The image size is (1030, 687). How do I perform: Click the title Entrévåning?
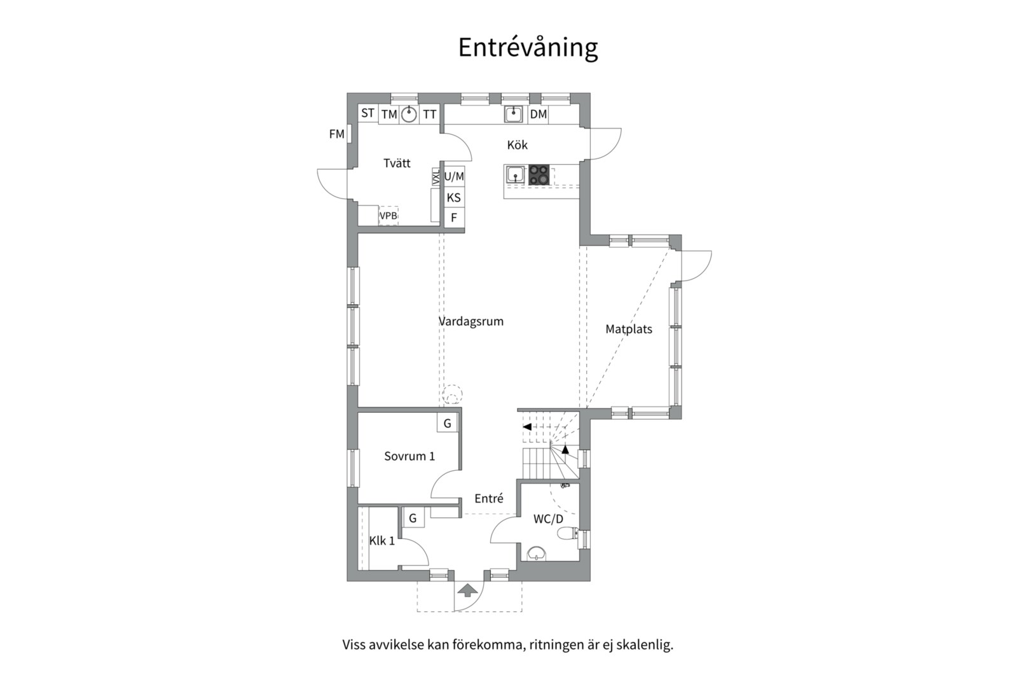coord(528,48)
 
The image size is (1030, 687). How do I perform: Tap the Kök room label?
coord(518,145)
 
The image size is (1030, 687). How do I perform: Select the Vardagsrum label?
coord(471,321)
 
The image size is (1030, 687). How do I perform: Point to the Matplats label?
coord(629,329)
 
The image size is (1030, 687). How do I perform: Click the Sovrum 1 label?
coord(409,456)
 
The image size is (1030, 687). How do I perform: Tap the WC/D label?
coord(548,519)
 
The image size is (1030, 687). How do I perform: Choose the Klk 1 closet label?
coord(381,541)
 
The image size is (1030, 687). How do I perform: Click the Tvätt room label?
coord(397,163)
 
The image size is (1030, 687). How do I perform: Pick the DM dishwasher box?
coord(538,114)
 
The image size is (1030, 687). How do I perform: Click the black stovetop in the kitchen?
coord(539,175)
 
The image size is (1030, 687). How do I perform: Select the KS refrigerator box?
coord(454,197)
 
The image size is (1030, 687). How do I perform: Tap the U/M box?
coord(454,176)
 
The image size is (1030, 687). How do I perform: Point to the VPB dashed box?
coord(388,216)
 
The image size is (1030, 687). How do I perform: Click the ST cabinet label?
coord(367,113)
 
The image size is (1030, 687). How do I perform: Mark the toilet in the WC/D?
coord(567,533)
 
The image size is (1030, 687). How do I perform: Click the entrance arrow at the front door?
coord(468,590)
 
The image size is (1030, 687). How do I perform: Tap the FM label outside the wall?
coord(336,134)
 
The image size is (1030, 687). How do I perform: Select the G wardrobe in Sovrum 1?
coord(447,423)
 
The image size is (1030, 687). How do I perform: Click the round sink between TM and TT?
coord(409,114)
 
